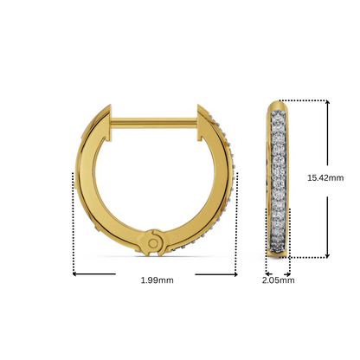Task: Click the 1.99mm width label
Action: (157, 280)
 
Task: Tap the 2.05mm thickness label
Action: (278, 280)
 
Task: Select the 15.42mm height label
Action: (325, 177)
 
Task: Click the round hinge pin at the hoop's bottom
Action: (154, 244)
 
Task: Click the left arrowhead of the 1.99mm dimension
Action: (75, 275)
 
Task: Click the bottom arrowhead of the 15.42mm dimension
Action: (328, 254)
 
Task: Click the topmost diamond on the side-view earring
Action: (278, 111)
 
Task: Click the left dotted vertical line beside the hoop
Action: (72, 221)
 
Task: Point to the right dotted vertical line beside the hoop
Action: (238, 221)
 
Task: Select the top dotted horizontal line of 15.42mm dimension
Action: (307, 100)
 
